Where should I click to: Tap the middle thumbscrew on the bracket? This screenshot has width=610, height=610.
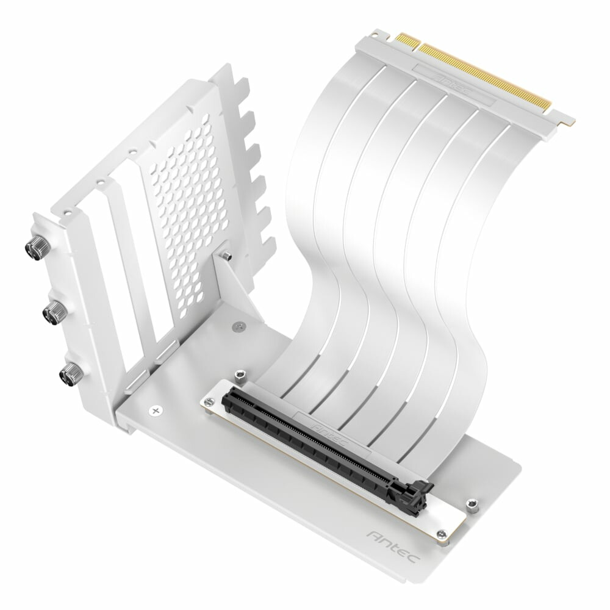click(54, 313)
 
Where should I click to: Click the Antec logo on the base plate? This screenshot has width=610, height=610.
click(393, 545)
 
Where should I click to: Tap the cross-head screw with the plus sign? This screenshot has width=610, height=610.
click(156, 411)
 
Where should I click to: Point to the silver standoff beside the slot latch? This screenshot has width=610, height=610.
click(471, 503)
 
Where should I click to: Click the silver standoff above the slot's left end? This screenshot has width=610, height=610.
click(240, 373)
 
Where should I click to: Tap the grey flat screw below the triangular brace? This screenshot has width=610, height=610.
click(237, 328)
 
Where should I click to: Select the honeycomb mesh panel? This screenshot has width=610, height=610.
click(189, 207)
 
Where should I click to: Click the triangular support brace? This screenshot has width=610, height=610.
click(235, 287)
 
